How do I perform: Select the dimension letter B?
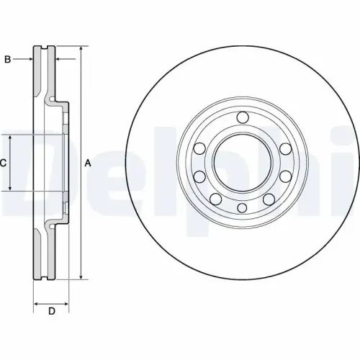[6, 60]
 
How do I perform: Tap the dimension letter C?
[4, 163]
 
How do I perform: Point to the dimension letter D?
[51, 311]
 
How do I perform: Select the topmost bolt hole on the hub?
[242, 117]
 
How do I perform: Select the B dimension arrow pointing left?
[59, 60]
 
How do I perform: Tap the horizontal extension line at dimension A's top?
[68, 48]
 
